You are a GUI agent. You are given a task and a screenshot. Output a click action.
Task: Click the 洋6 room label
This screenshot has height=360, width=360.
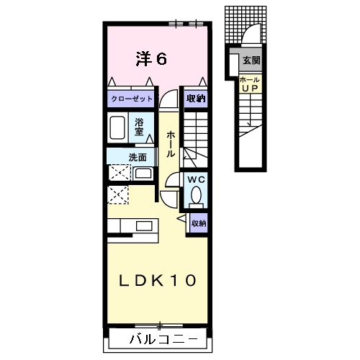(x=151, y=59)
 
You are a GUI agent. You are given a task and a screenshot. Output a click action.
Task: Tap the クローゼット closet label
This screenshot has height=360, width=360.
(x=132, y=99)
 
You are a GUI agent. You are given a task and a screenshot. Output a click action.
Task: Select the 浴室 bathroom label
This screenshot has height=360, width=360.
(x=139, y=127)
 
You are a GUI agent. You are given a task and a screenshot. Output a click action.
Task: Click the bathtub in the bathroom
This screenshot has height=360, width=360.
(x=117, y=127)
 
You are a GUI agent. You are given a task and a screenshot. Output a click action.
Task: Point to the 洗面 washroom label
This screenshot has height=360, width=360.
(x=138, y=158)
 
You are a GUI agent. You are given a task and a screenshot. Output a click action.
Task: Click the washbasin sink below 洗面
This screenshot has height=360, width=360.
(x=143, y=174)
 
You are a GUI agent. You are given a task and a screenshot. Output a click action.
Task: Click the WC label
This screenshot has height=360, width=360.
(x=196, y=179)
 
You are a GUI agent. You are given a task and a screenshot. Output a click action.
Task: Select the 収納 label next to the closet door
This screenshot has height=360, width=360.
(x=196, y=99)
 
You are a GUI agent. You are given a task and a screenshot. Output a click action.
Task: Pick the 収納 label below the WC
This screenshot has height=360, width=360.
(x=199, y=223)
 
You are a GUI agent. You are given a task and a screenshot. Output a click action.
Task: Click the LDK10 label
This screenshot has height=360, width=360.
(x=158, y=281)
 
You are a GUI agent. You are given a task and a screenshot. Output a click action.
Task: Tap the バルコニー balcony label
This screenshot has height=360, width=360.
(x=163, y=339)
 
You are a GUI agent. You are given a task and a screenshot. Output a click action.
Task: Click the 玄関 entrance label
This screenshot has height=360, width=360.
(x=251, y=60)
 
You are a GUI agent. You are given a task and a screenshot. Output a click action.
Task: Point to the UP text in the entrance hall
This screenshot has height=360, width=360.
(x=250, y=89)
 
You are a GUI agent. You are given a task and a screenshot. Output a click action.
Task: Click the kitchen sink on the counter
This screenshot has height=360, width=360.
(x=144, y=226)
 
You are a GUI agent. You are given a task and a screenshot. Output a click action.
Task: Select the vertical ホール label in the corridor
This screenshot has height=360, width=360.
(x=171, y=144)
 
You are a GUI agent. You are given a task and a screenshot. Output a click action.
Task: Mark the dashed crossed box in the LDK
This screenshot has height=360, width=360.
(x=118, y=195)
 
